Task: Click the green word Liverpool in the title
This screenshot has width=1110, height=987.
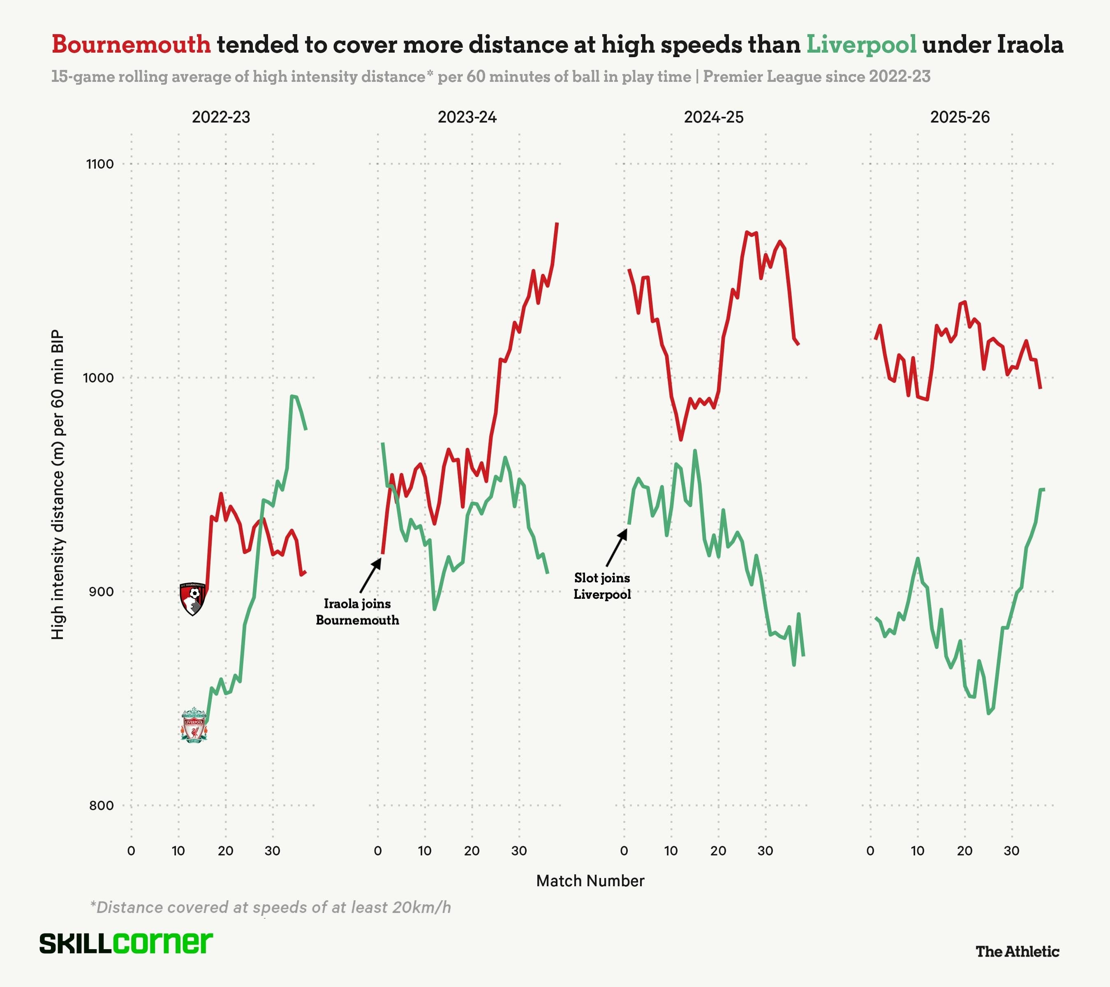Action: coord(861,44)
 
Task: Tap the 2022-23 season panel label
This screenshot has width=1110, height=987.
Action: coord(221,117)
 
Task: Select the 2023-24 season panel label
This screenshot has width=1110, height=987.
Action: coord(467,117)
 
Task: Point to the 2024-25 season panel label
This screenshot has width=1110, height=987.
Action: coord(714,117)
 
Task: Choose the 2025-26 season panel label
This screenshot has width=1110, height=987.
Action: coord(960,117)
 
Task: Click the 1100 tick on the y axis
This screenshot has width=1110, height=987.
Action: coord(100,164)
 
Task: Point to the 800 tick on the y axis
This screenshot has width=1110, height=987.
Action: coord(101,805)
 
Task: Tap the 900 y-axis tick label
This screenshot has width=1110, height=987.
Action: coord(101,591)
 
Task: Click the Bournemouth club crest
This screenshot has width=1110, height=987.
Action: coord(193,599)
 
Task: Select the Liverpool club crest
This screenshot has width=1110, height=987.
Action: coord(194,725)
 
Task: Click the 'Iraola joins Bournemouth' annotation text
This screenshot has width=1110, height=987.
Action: coord(357,612)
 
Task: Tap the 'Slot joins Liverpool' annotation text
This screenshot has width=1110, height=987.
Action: coord(602,586)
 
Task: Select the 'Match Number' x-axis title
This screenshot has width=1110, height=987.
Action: coord(590,881)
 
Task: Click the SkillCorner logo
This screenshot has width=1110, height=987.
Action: coord(126,943)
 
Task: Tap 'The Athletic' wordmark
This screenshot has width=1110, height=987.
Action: coord(1017,951)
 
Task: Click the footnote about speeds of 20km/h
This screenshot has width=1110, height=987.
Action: coord(271,907)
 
